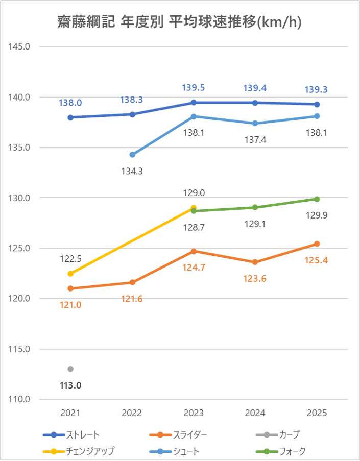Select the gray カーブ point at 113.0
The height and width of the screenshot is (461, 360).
(70, 369)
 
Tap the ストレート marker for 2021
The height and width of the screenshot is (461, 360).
(70, 117)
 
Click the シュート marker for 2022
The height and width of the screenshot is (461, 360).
(132, 155)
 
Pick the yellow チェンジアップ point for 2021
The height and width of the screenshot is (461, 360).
(70, 274)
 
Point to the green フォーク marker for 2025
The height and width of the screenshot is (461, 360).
(317, 199)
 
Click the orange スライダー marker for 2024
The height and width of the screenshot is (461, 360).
(255, 262)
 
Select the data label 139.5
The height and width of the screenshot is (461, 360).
(194, 88)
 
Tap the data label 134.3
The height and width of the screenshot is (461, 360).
(132, 171)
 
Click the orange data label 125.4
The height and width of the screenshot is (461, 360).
(317, 260)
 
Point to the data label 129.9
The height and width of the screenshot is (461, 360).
(317, 215)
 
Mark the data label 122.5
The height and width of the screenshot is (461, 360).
(70, 259)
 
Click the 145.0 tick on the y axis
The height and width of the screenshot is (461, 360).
(19, 46)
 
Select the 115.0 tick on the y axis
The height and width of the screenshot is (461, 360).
(19, 349)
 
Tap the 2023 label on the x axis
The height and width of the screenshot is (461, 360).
(194, 413)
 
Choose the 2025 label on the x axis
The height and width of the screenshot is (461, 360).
(317, 413)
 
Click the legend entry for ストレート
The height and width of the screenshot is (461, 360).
(71, 434)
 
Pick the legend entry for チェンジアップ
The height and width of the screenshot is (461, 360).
(79, 451)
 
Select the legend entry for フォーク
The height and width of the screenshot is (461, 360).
(281, 451)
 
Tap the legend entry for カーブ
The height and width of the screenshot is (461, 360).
(278, 434)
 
